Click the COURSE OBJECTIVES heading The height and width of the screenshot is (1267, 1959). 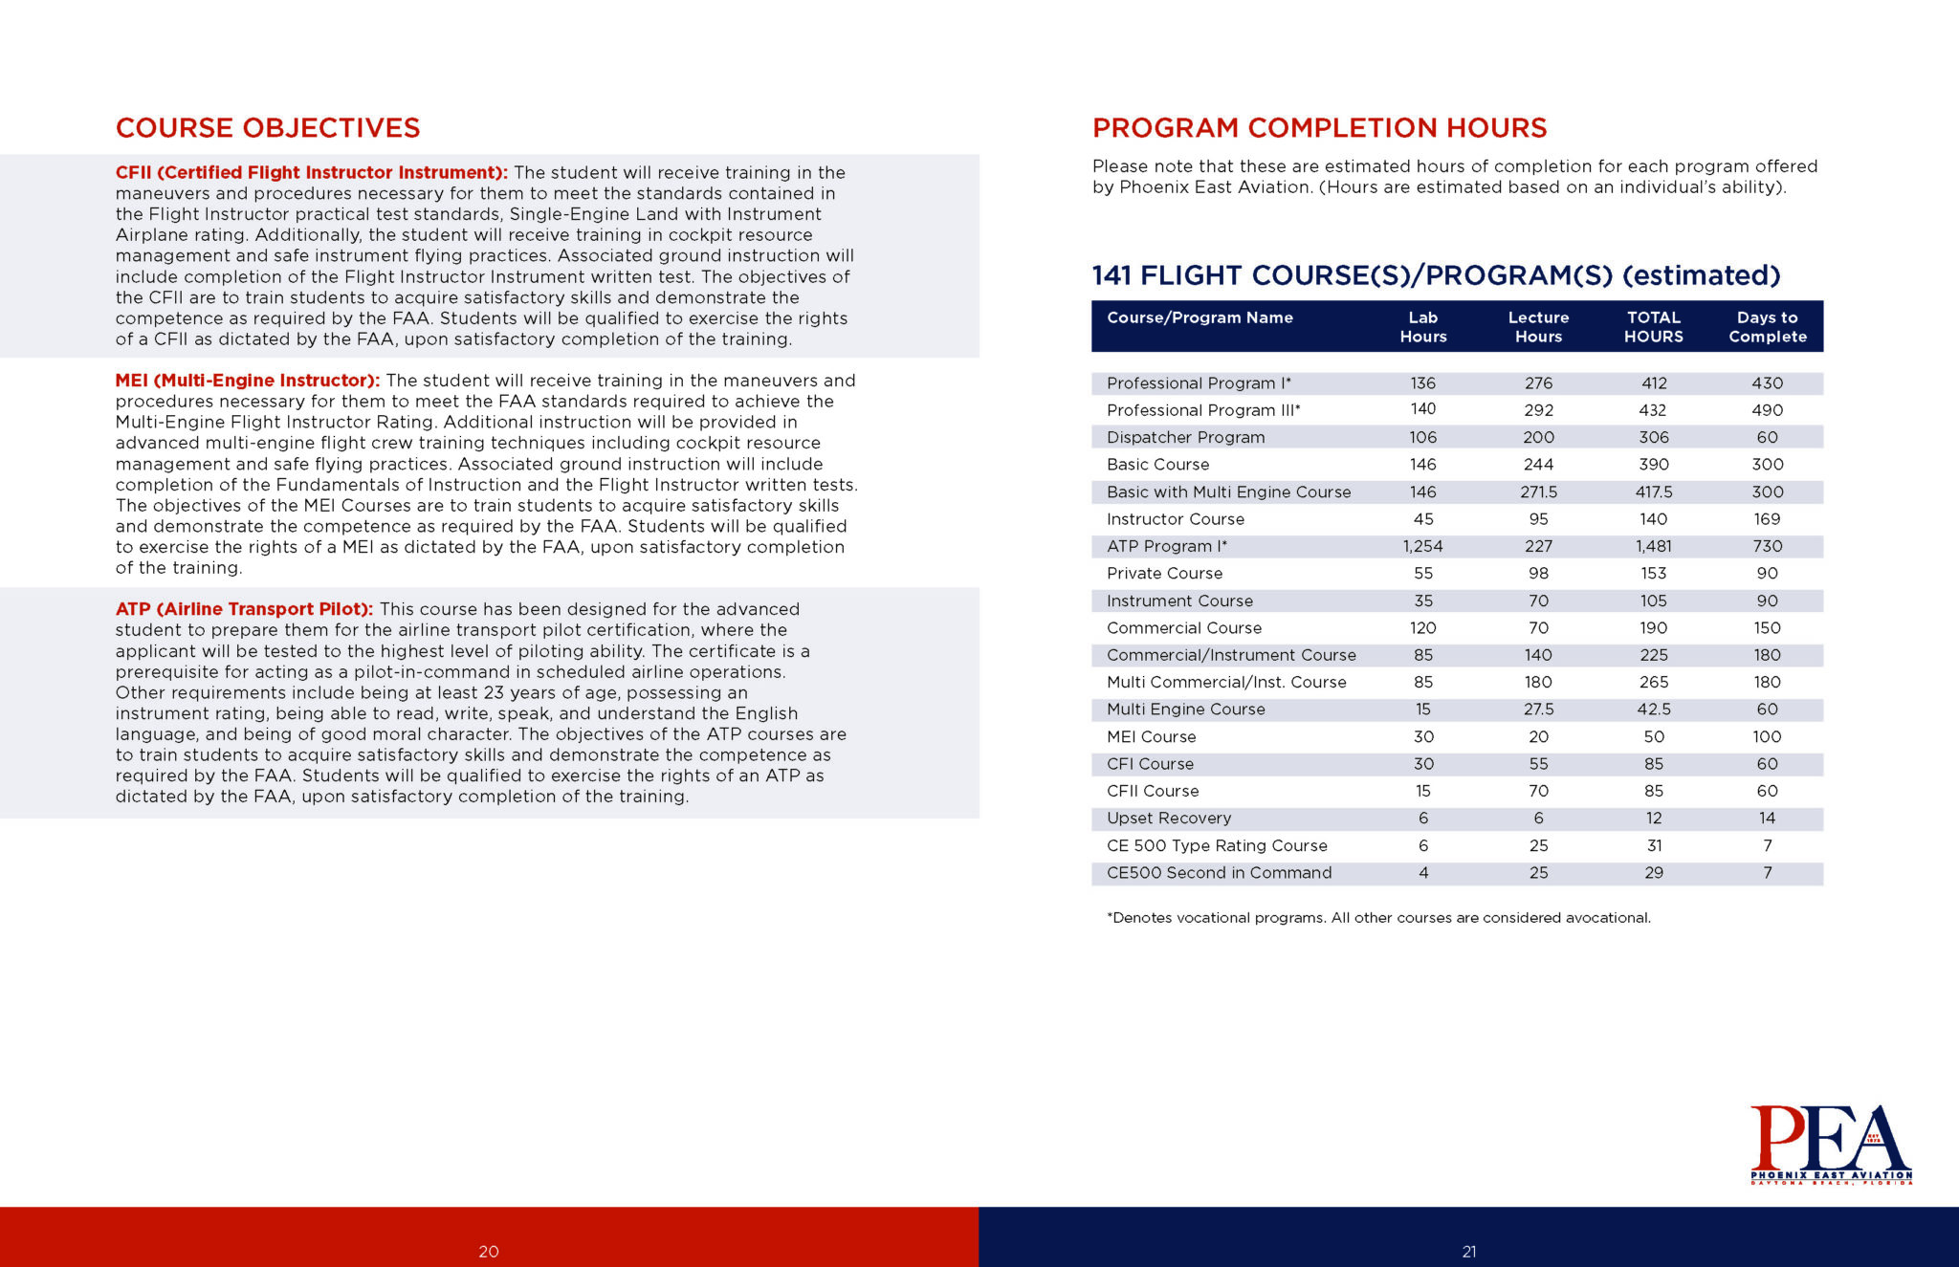268,128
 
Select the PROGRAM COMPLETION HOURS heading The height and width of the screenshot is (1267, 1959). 1319,128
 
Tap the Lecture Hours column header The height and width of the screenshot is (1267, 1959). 1538,327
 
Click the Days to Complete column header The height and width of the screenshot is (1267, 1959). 1767,327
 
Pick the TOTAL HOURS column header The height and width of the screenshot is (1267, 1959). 1653,327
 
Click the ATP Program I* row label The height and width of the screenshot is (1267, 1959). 1166,546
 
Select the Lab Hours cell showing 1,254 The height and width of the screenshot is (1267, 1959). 1422,546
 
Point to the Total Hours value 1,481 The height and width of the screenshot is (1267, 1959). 1653,546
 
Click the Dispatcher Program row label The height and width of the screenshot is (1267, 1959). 1185,437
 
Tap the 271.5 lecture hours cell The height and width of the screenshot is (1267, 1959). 1538,492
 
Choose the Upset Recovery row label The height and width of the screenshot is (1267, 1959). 1168,819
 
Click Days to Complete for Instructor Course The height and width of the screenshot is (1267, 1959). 1767,519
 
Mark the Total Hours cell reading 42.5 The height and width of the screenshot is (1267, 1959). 1653,710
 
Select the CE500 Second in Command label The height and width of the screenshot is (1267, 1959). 1219,873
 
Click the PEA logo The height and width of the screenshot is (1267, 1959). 1831,1145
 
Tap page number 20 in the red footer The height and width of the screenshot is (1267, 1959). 489,1252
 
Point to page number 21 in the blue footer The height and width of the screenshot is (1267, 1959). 1469,1252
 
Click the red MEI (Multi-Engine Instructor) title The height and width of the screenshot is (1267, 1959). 248,381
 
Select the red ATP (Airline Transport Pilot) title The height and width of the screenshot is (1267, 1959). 244,609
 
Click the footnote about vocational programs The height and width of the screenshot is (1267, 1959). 1378,918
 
